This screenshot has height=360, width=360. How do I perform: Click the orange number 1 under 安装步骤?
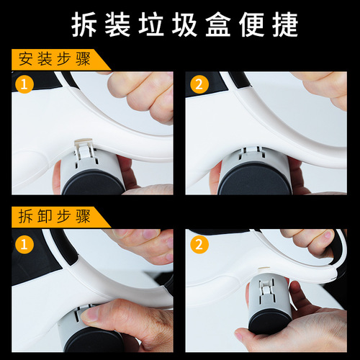pyautogui.click(x=25, y=84)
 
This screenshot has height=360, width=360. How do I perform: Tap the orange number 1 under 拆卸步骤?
pyautogui.click(x=25, y=243)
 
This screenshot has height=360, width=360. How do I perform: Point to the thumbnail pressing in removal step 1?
pyautogui.click(x=90, y=315)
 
